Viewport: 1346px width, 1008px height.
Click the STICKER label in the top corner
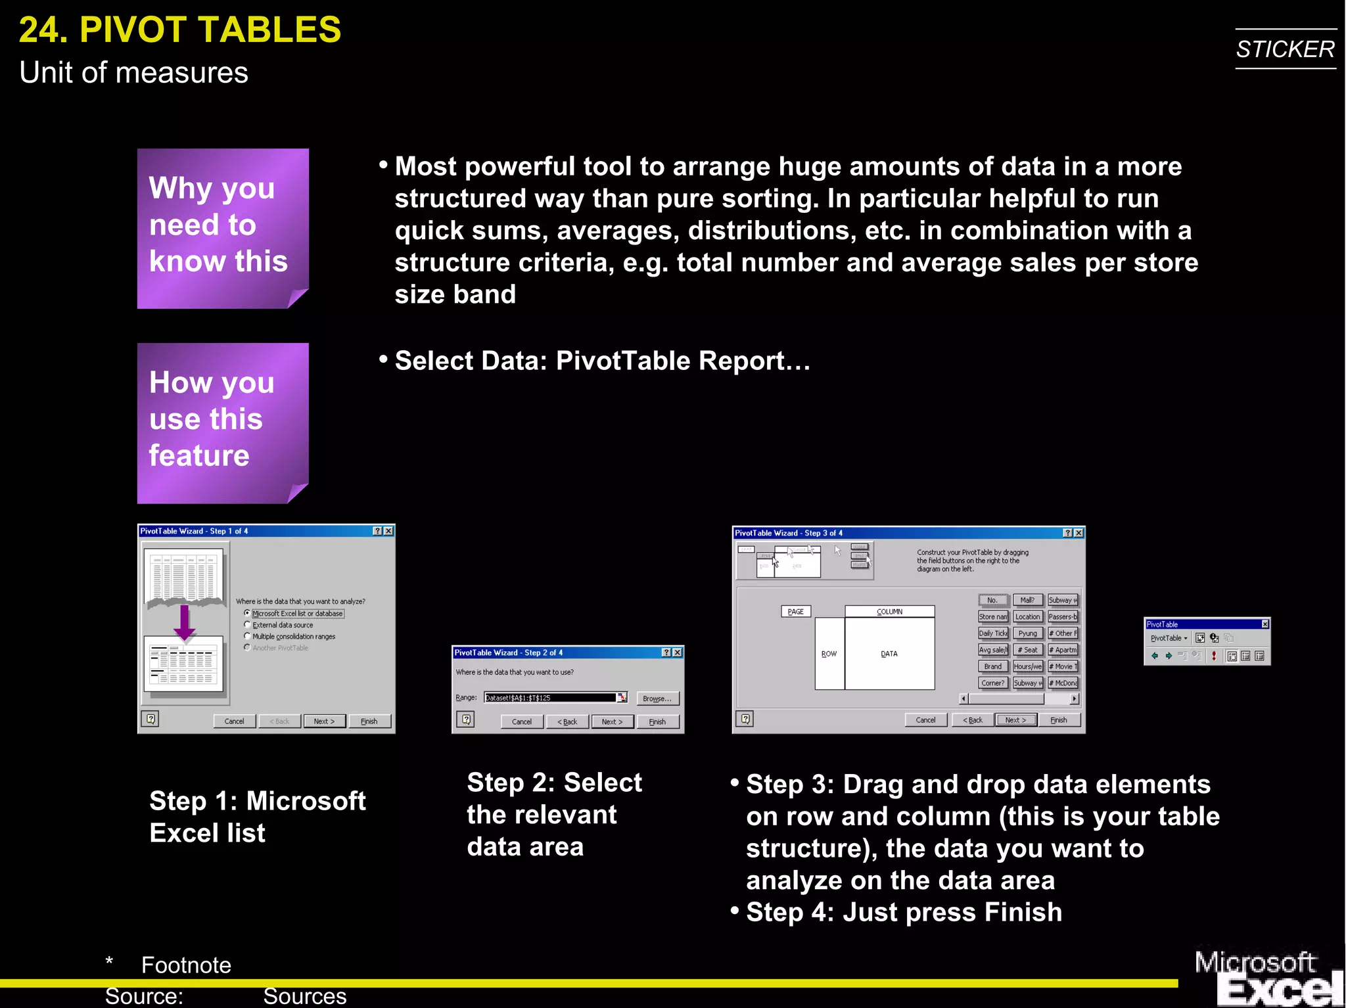[1285, 49]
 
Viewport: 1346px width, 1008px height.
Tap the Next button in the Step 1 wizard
[324, 721]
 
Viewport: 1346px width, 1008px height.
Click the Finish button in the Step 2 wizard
[657, 722]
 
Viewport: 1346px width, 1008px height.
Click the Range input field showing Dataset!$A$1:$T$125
[550, 698]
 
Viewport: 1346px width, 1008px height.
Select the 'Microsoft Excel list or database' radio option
[247, 613]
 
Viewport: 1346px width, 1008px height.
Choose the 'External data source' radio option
[247, 625]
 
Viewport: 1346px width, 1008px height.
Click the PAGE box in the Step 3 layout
[795, 612]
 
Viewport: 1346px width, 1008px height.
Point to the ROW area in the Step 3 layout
[829, 654]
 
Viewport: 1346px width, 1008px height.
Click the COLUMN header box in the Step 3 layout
[889, 612]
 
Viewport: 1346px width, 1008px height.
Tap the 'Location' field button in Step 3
[1027, 617]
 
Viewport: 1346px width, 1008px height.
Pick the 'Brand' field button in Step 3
[992, 666]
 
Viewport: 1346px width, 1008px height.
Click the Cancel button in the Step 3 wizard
[925, 720]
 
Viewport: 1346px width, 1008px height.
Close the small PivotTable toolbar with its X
[1265, 624]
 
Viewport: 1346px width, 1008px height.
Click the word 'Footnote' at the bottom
[186, 965]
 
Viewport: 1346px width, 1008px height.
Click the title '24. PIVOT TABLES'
[180, 30]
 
